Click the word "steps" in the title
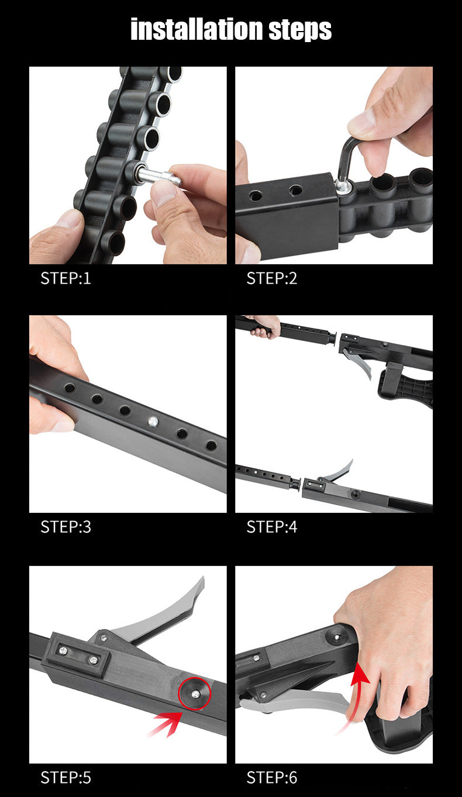point(300,30)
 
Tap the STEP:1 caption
point(66,278)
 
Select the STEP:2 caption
point(272,278)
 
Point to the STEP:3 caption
point(66,527)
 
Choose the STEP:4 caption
point(272,527)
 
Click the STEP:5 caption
point(66,778)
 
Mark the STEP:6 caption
point(272,778)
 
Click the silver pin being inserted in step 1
point(158,177)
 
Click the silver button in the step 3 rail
point(153,422)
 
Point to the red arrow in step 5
point(166,723)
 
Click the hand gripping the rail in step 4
point(265,326)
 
